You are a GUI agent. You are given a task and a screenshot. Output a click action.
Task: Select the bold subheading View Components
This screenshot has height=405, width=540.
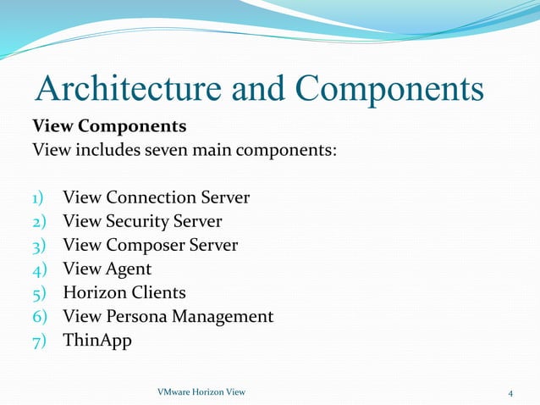tap(109, 127)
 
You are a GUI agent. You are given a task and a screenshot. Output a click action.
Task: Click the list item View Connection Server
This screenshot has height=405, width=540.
tap(157, 198)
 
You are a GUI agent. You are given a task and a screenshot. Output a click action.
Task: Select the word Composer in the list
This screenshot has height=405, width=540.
tap(143, 246)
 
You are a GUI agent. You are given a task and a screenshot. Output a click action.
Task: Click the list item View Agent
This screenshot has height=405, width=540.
tap(107, 269)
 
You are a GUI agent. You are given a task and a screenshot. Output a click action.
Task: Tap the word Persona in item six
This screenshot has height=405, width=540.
tap(138, 317)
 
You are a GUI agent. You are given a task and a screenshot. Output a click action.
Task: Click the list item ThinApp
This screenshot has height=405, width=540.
tap(97, 341)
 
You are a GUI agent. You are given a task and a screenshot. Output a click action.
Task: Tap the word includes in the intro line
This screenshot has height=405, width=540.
tap(99, 152)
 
